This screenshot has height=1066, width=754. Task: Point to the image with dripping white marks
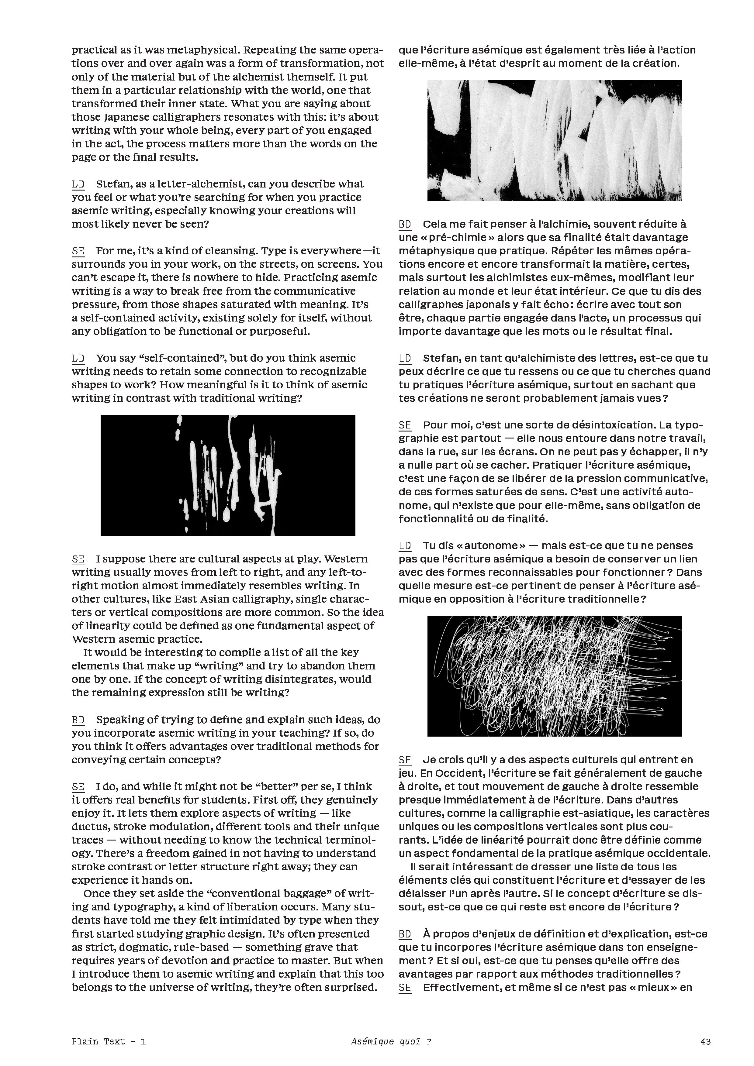(228, 475)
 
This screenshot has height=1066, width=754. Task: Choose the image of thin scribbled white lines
(554, 676)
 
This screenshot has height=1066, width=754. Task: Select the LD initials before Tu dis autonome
(405, 545)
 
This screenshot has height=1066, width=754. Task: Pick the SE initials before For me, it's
(78, 251)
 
